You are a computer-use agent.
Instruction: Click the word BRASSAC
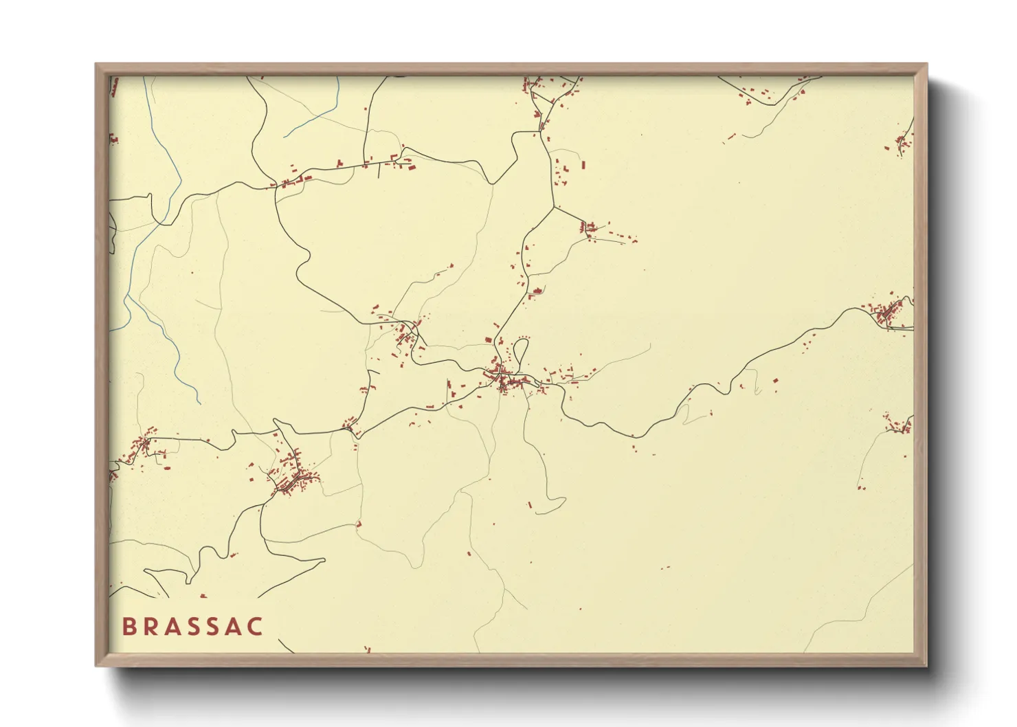[192, 627]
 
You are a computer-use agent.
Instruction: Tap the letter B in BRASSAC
[128, 627]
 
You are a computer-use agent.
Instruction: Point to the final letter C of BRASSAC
[256, 627]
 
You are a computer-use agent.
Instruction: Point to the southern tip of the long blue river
[199, 403]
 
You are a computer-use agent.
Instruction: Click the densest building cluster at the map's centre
[505, 380]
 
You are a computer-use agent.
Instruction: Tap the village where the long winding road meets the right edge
[889, 313]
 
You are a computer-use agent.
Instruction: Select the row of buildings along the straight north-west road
[344, 167]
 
